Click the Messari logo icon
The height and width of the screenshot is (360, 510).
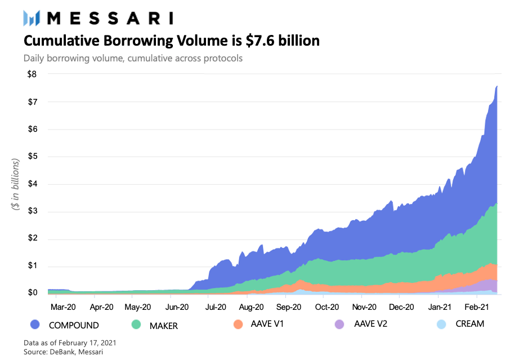point(32,18)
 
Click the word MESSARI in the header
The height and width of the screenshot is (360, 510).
point(110,18)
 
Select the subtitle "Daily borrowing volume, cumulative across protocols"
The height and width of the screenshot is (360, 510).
point(133,58)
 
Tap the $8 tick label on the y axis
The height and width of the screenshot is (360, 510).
point(32,74)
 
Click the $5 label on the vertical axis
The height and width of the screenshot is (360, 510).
point(32,156)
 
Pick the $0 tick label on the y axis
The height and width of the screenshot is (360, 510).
point(32,292)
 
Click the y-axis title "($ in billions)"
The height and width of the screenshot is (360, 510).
point(15,184)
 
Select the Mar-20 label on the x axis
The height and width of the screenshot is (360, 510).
point(63,307)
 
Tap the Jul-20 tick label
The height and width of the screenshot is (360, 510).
point(216,307)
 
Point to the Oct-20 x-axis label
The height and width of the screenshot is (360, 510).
point(327,307)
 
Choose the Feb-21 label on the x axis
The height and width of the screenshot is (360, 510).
point(477,307)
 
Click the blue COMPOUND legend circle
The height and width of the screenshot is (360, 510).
point(35,324)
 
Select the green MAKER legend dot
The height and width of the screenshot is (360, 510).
point(136,324)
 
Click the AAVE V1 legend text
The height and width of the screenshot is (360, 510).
point(267,324)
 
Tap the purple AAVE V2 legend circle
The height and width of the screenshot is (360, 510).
point(339,324)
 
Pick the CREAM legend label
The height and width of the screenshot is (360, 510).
point(470,324)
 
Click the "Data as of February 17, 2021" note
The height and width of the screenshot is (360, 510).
point(70,343)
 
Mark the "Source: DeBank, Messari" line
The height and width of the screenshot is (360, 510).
point(64,352)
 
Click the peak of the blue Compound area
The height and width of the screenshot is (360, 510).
point(497,86)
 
